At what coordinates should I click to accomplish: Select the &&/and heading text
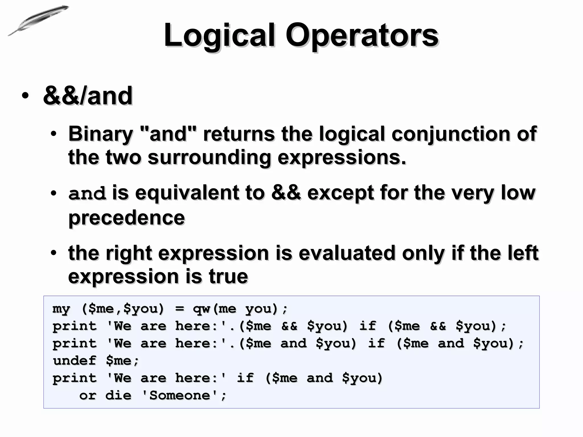click(88, 96)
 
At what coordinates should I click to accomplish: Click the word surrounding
click(209, 157)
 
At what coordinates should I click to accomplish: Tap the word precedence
click(127, 218)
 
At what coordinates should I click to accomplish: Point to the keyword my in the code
click(61, 309)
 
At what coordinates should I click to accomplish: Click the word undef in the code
click(75, 361)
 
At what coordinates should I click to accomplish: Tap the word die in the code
click(118, 395)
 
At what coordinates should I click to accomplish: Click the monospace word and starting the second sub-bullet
click(87, 193)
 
